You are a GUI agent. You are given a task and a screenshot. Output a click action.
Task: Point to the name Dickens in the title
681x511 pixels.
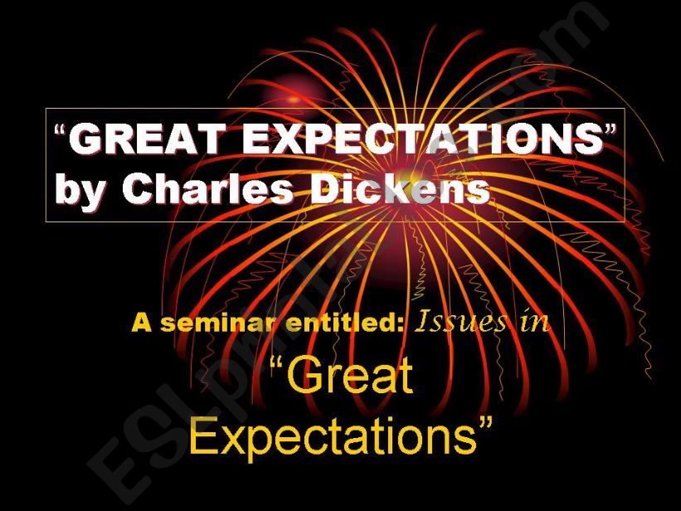[x=401, y=189]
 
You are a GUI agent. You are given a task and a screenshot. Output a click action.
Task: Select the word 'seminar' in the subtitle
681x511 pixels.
[x=215, y=323]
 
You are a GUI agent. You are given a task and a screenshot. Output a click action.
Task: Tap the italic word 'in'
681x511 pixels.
[x=534, y=321]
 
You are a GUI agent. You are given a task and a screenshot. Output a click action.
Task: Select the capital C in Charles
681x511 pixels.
[x=138, y=189]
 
